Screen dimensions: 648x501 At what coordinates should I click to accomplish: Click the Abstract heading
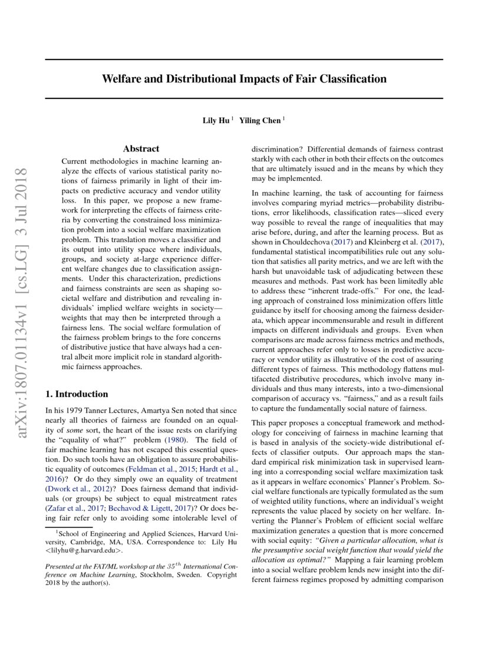141,149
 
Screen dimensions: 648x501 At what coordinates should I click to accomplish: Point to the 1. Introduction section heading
77,394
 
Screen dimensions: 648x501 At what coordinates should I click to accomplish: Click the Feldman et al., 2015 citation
155,469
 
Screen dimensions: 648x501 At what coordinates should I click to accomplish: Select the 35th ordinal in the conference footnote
184,564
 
